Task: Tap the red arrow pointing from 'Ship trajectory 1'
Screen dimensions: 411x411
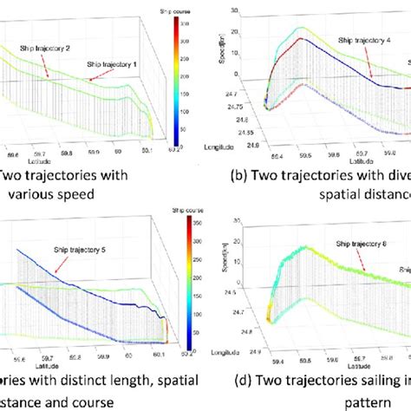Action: point(94,76)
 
